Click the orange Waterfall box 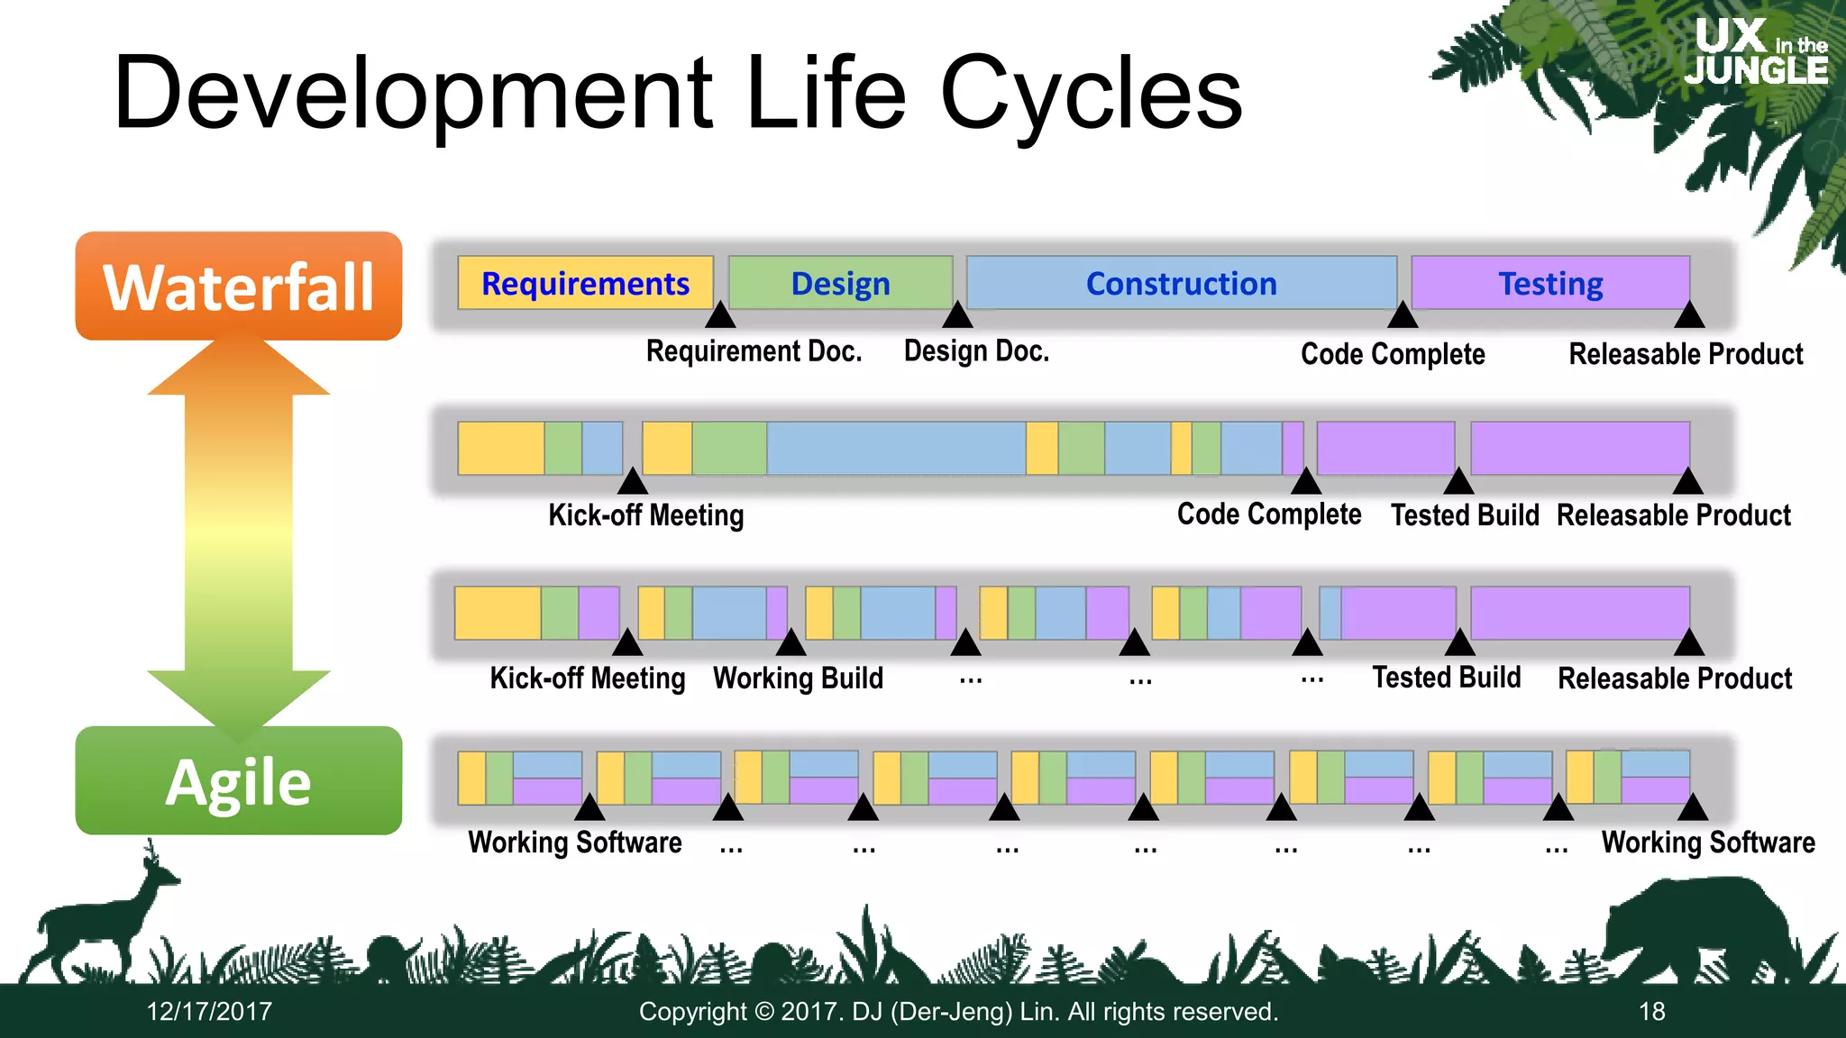(239, 287)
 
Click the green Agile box (239, 781)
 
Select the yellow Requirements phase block (585, 283)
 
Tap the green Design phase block (840, 283)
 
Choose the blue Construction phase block (1181, 283)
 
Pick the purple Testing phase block (1549, 283)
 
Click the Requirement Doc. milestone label (754, 351)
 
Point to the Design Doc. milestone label (976, 351)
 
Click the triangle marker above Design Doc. (957, 315)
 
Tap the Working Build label (798, 678)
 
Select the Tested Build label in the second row (1465, 515)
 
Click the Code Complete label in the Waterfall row (1393, 354)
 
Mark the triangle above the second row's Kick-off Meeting (633, 481)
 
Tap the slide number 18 (1651, 1012)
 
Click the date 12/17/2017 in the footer (209, 1012)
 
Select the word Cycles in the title (1091, 93)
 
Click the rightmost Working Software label (1708, 842)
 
